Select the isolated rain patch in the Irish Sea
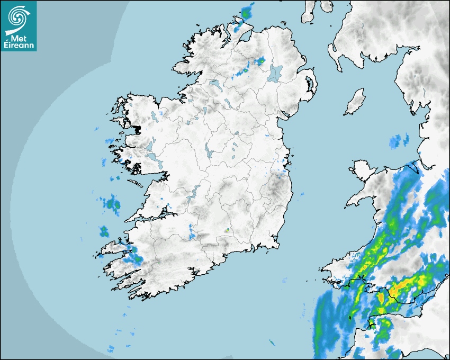click(x=399, y=141)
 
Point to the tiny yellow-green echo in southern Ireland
click(x=227, y=230)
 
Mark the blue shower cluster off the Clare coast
click(x=112, y=203)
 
